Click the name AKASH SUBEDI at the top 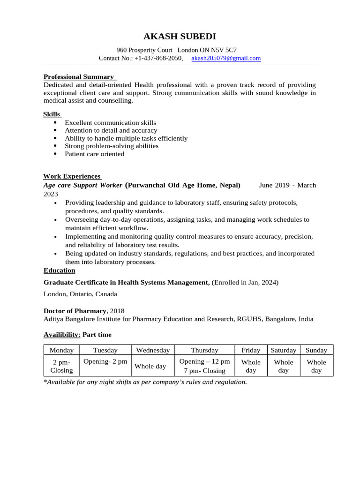[x=180, y=37]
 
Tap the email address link [x=226, y=58]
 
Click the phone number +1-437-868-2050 [x=158, y=58]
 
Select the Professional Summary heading [x=79, y=76]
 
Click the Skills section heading [x=52, y=114]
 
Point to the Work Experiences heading [x=72, y=176]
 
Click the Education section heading [x=59, y=270]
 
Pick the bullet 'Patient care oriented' [x=94, y=154]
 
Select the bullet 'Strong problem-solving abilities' [x=111, y=146]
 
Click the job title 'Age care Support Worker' [x=82, y=185]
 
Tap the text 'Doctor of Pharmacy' [x=75, y=311]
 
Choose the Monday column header [x=61, y=350]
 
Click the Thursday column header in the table [x=204, y=350]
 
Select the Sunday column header [x=316, y=350]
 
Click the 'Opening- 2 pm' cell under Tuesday [x=105, y=361]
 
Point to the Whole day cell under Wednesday [x=150, y=366]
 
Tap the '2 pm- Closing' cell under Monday [x=61, y=366]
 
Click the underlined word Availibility [x=62, y=335]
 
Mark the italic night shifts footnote [x=145, y=382]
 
